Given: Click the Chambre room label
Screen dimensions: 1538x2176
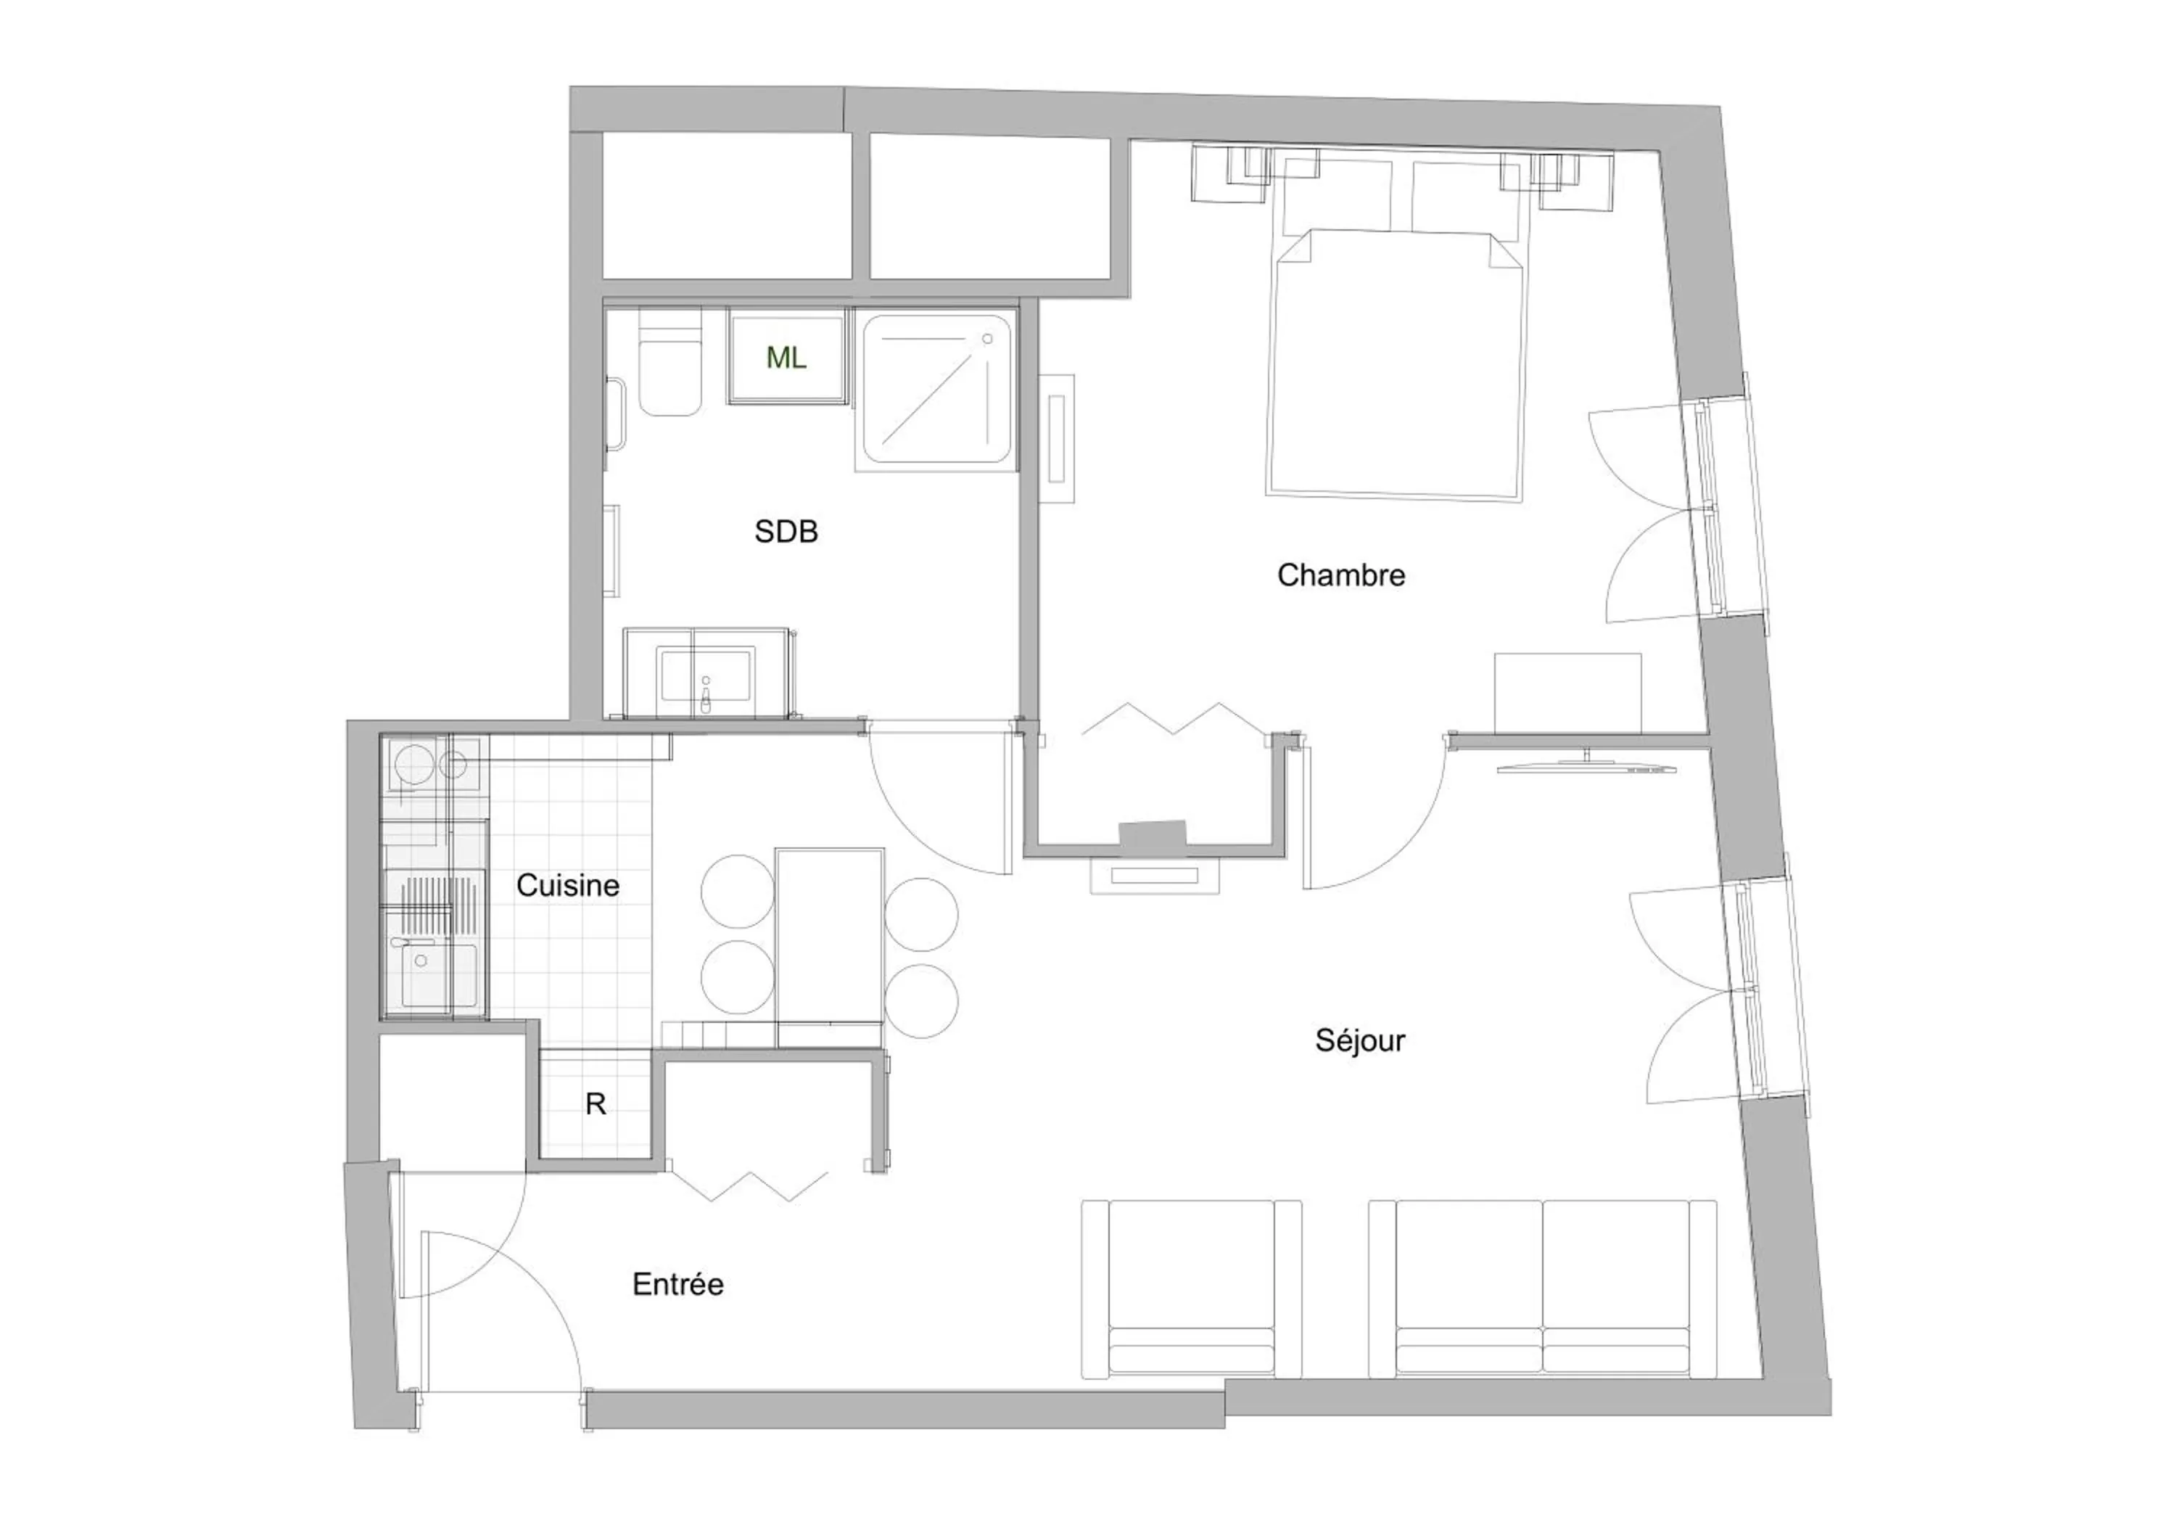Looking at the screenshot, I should point(1340,575).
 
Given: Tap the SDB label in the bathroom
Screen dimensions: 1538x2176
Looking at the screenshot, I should point(786,532).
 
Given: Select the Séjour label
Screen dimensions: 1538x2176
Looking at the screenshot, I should point(1359,1040).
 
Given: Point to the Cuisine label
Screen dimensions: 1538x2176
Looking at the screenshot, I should point(568,885).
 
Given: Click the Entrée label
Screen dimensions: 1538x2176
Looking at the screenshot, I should point(677,1284).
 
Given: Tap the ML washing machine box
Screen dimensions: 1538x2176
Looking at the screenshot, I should point(786,358).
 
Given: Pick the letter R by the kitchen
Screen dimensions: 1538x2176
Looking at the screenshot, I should point(595,1104).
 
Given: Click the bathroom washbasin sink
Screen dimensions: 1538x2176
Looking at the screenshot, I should point(705,675).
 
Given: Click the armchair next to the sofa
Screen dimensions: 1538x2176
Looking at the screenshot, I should point(1191,1288).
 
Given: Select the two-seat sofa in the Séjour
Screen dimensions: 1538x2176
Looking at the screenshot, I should point(1542,1288).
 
